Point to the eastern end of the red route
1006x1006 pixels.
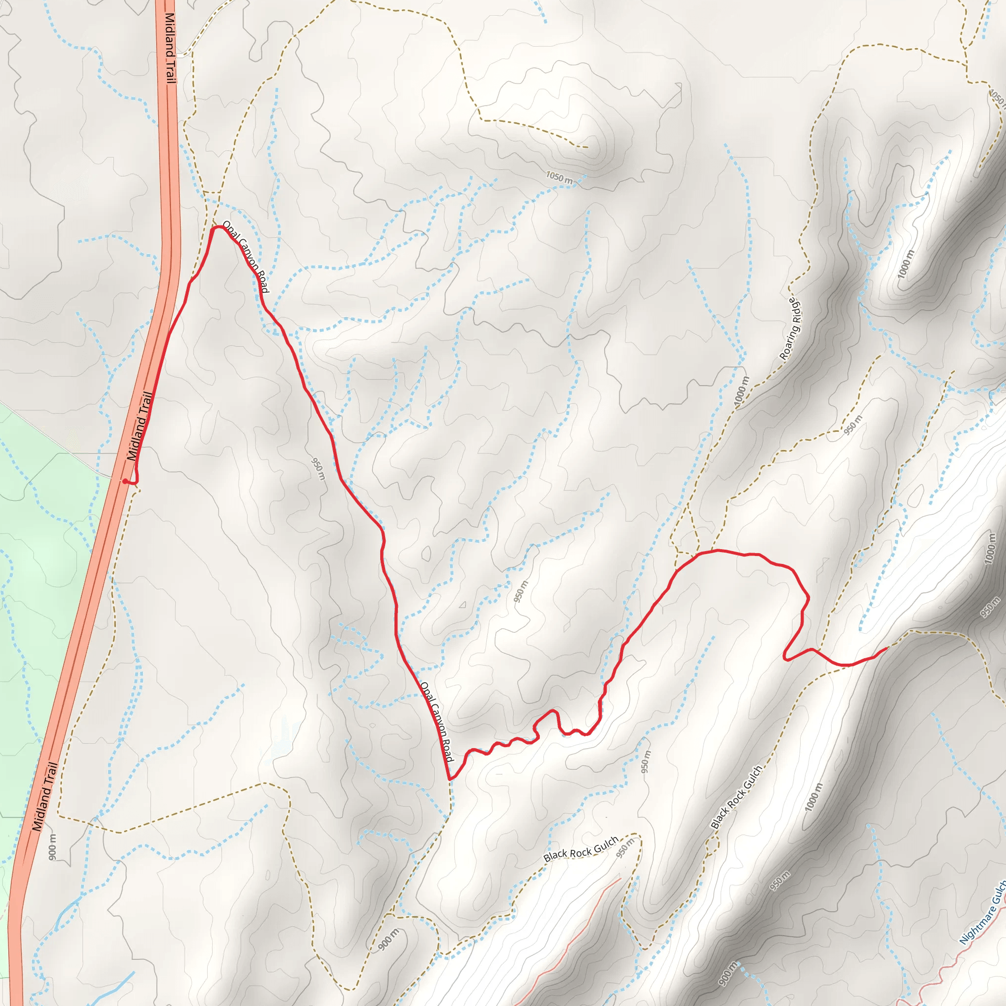[x=887, y=648]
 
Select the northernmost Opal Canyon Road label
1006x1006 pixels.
[x=245, y=256]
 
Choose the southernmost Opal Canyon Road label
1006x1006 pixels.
[x=436, y=722]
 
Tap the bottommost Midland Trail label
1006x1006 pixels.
[x=45, y=796]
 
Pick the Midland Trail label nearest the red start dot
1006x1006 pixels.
[x=140, y=426]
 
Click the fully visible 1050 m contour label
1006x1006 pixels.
[x=559, y=177]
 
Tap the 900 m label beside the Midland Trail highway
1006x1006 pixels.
[x=53, y=847]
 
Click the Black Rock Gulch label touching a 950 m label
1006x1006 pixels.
[x=581, y=849]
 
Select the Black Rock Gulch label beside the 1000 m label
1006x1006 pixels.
[x=736, y=797]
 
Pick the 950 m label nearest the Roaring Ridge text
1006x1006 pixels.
[x=853, y=425]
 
